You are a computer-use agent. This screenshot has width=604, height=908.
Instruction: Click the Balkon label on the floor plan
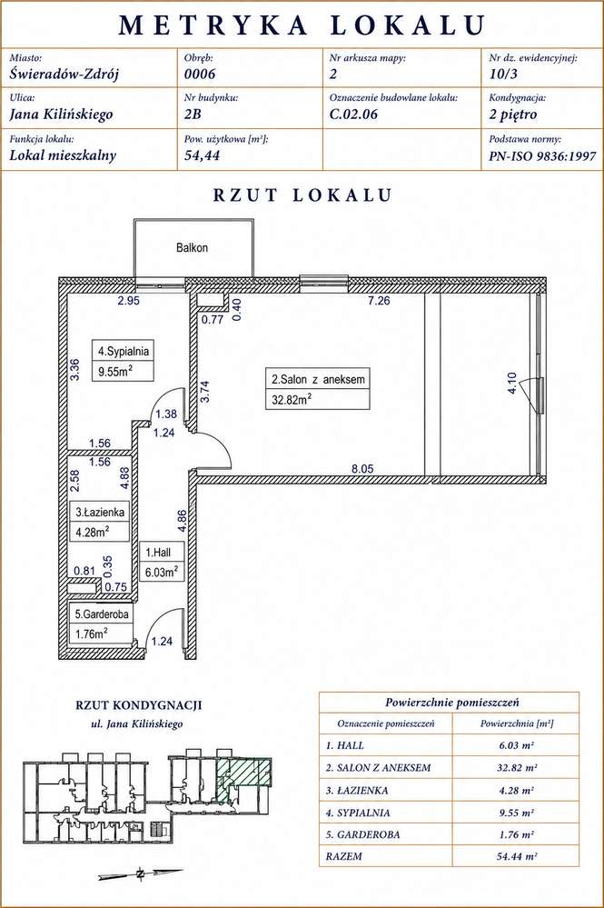[192, 248]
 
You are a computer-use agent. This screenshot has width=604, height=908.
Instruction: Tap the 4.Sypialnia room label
[124, 351]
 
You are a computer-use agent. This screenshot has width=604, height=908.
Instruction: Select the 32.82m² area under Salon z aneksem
[292, 399]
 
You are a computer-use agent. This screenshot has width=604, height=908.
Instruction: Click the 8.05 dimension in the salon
[362, 468]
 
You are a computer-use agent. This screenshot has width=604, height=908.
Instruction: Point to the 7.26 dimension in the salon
[379, 301]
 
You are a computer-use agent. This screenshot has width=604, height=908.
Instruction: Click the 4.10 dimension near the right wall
[511, 384]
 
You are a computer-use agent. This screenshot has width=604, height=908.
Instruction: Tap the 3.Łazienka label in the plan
[100, 512]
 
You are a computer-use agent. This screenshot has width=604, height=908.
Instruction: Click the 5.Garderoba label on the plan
[102, 614]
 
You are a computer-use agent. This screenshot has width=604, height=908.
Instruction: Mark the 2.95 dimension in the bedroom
[129, 301]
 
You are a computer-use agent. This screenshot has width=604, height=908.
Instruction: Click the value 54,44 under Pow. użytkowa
[202, 155]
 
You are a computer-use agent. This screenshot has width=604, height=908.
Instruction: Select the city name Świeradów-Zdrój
[64, 74]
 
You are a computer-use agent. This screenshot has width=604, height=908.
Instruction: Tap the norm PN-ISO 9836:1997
[542, 155]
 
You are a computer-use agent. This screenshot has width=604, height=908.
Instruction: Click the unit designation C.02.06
[353, 115]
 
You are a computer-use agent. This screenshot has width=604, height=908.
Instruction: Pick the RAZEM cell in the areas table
[343, 856]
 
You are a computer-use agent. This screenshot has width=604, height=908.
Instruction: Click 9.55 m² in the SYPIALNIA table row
[516, 813]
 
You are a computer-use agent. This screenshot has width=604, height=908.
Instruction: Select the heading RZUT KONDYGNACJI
[139, 705]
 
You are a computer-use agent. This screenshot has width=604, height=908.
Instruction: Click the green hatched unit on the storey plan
[243, 774]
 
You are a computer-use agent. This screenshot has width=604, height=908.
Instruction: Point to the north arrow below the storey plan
[141, 873]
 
